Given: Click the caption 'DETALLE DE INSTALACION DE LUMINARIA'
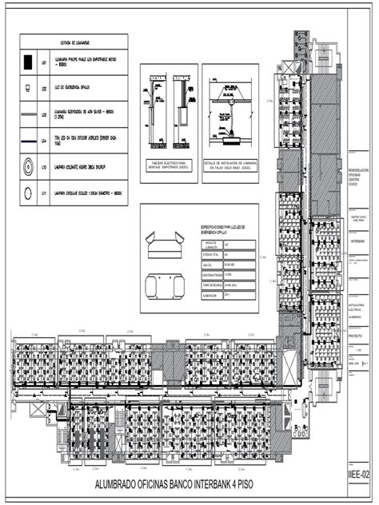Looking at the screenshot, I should coord(233,167).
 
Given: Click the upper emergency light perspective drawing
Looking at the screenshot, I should coord(161,241).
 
